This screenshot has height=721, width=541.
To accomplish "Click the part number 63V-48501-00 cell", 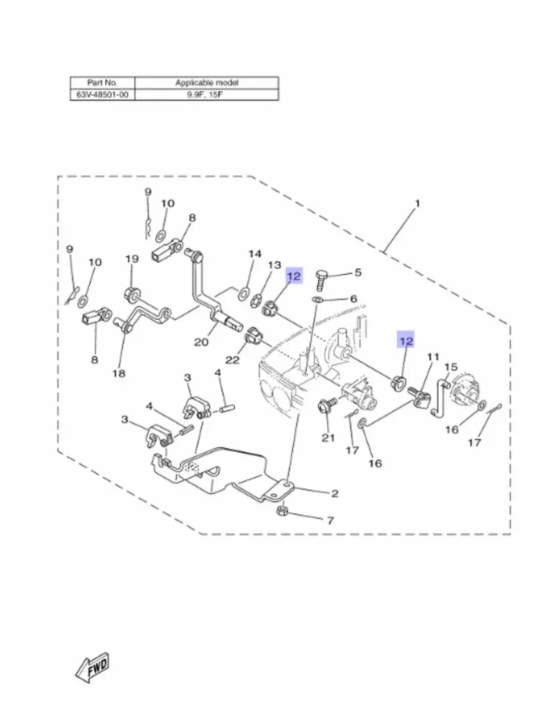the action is coord(102,95).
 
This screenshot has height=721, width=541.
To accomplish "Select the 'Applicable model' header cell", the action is coord(207,83).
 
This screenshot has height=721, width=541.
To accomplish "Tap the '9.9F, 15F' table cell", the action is coord(207,95).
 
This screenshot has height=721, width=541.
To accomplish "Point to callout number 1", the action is coord(417,204).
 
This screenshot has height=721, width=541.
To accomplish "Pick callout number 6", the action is coord(353,299).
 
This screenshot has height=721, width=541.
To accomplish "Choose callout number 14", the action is coord(255,254).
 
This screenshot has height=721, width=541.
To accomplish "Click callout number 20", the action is coord(201,342).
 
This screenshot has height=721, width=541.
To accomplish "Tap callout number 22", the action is coord(232,360).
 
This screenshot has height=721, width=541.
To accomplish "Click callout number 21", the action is coord(328,438).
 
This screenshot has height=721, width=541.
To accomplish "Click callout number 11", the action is coord(433,357).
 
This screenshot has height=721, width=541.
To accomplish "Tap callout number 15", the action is coord(451,367).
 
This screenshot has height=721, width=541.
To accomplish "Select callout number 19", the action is coord(132,259).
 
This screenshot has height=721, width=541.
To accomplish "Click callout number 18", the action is coord(118,373).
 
